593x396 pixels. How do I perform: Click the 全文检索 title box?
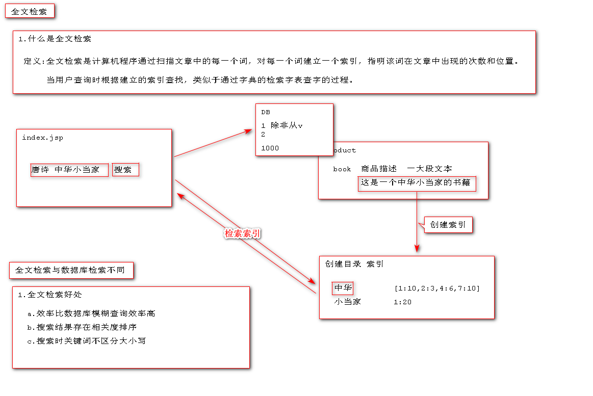click(30, 11)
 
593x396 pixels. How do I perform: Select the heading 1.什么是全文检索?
click(55, 39)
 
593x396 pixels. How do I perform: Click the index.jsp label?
click(42, 138)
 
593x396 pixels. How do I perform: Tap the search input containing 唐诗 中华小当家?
click(69, 170)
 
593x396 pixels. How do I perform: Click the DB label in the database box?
click(266, 112)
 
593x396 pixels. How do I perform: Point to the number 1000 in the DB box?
click(270, 148)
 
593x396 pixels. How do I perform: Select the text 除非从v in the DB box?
click(287, 125)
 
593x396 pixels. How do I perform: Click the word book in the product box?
click(342, 169)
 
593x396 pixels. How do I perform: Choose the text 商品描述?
click(379, 169)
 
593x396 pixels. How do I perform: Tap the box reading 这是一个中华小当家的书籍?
click(417, 182)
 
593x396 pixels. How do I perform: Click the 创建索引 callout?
click(448, 225)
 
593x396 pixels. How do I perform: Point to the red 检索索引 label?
click(243, 233)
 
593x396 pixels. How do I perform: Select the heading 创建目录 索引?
click(354, 264)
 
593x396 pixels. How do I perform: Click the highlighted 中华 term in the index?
click(343, 288)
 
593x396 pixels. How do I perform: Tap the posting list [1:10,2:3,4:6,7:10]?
click(437, 288)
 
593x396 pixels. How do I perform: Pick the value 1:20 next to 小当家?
click(402, 302)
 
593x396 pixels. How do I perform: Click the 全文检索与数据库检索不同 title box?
click(70, 270)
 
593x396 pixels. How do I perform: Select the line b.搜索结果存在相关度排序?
click(82, 327)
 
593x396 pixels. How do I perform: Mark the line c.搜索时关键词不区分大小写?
click(86, 340)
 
